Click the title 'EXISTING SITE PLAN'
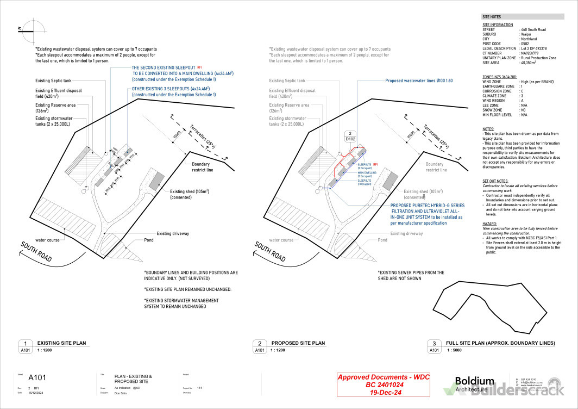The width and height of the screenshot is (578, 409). pyautogui.click(x=61, y=343)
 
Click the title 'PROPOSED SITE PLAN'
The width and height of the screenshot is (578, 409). pyautogui.click(x=298, y=343)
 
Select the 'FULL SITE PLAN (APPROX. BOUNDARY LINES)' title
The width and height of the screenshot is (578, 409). pyautogui.click(x=500, y=343)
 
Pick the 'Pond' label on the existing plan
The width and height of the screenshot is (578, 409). pyautogui.click(x=148, y=240)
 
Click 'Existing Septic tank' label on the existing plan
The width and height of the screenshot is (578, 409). pyautogui.click(x=53, y=80)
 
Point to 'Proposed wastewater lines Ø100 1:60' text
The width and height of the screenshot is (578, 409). pyautogui.click(x=418, y=80)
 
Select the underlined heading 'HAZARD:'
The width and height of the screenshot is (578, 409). pyautogui.click(x=489, y=224)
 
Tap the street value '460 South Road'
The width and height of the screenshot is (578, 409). pyautogui.click(x=533, y=29)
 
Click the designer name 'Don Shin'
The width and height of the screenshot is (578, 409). pyautogui.click(x=121, y=392)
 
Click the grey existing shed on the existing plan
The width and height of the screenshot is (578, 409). pyautogui.click(x=156, y=179)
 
